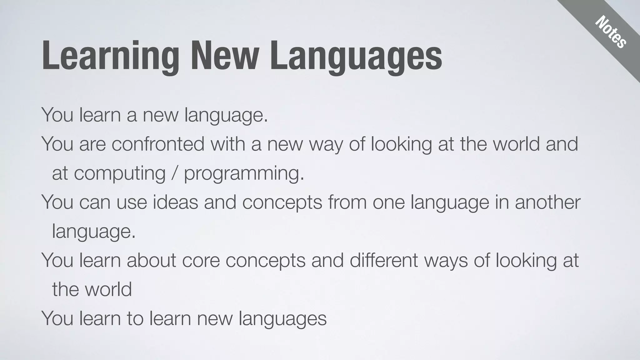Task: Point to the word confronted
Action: tap(158, 144)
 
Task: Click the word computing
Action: tap(120, 174)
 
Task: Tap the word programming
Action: tap(244, 174)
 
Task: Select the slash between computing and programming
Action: tap(175, 173)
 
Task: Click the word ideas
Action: tap(175, 202)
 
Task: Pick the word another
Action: tap(547, 202)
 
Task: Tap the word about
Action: tap(151, 260)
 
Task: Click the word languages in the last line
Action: tap(282, 319)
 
